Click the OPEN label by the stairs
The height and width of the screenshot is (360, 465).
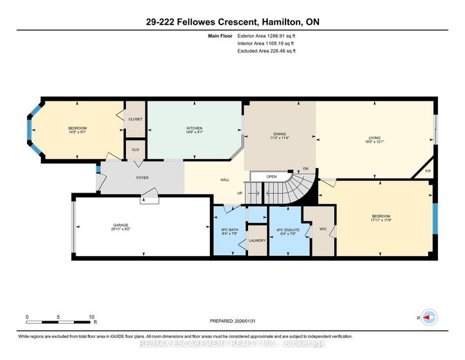(x=271, y=176)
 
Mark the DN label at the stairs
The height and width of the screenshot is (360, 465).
(x=306, y=169)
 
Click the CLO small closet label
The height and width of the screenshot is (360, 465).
(x=136, y=149)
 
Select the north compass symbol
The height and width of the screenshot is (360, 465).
(x=430, y=318)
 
